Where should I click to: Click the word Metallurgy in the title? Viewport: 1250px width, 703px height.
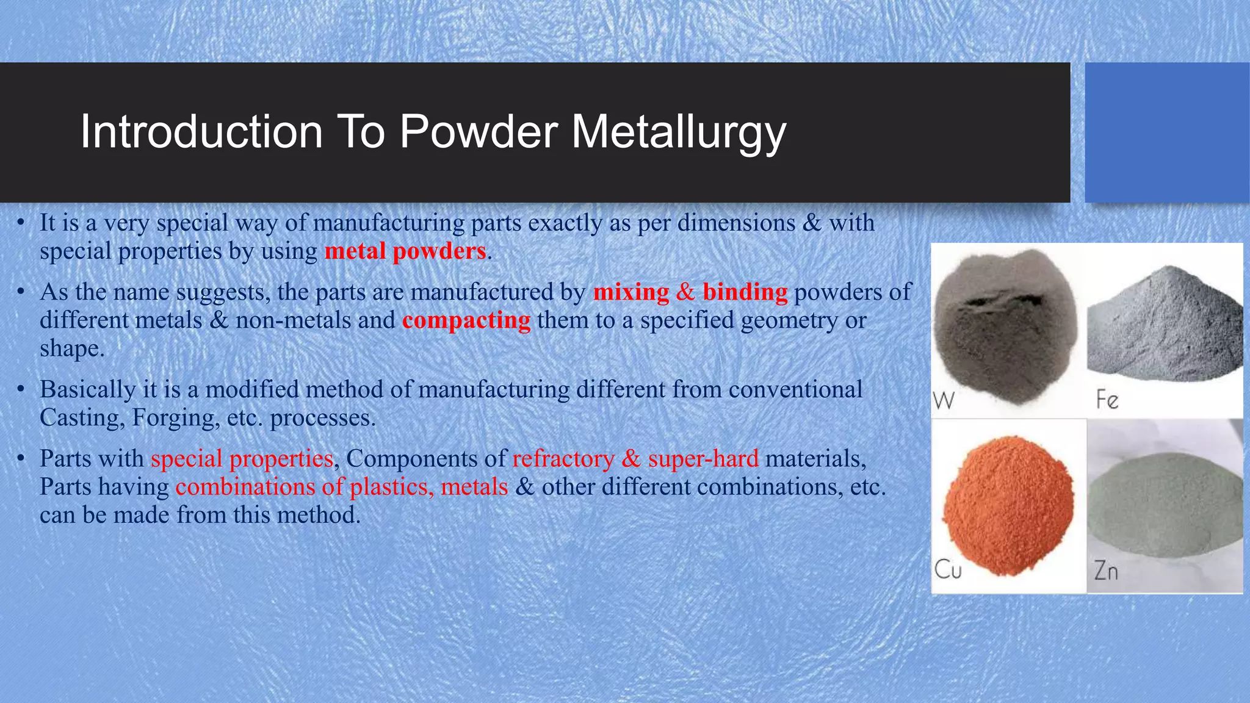[678, 132]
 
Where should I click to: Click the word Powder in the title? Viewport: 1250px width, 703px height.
[478, 132]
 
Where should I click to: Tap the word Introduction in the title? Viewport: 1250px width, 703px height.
[201, 132]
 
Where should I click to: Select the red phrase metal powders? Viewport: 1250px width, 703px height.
[405, 251]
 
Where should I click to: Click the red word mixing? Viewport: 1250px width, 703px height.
[631, 292]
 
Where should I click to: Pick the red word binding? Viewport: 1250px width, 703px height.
[745, 292]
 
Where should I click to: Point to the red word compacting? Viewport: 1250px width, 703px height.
[466, 320]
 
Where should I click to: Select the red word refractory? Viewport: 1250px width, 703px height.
[563, 459]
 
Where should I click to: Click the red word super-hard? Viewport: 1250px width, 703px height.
[703, 459]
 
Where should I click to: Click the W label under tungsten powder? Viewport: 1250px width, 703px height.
[944, 402]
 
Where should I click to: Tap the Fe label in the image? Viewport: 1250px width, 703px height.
[1107, 400]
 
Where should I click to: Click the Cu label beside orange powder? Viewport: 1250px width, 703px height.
[948, 570]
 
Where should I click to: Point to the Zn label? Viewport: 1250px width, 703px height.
[1106, 571]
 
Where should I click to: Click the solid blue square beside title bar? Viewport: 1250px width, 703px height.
[1166, 132]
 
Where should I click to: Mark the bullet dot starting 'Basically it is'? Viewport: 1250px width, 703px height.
[21, 389]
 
